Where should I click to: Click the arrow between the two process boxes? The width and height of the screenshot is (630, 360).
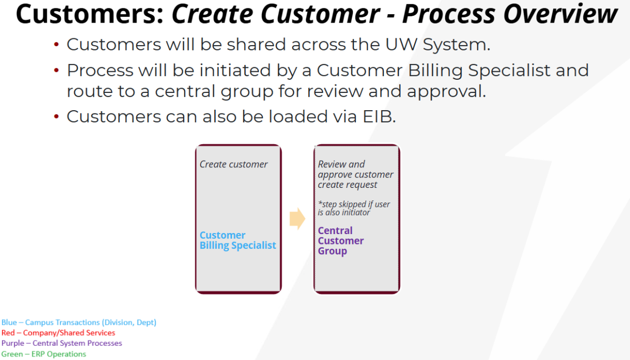coord(297,218)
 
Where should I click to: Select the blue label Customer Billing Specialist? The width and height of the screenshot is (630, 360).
coord(237,240)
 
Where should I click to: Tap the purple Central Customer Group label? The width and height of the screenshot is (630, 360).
coord(341,241)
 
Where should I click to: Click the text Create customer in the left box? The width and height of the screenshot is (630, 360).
coord(234,164)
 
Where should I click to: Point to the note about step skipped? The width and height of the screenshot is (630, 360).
coord(354,208)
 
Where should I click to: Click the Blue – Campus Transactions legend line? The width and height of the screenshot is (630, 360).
coord(79,322)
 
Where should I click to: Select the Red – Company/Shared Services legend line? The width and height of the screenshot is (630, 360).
coord(58,333)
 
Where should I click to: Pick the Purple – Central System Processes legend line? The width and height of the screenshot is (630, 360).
coord(61,343)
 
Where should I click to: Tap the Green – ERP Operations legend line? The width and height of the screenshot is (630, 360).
coord(44,354)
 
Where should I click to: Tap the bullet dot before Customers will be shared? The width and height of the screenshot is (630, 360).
coord(57,45)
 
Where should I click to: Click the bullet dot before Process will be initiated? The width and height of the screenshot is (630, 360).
coord(57,70)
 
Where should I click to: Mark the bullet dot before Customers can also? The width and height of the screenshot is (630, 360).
coord(57,117)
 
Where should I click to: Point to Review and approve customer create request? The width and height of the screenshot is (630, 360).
coord(355,174)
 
